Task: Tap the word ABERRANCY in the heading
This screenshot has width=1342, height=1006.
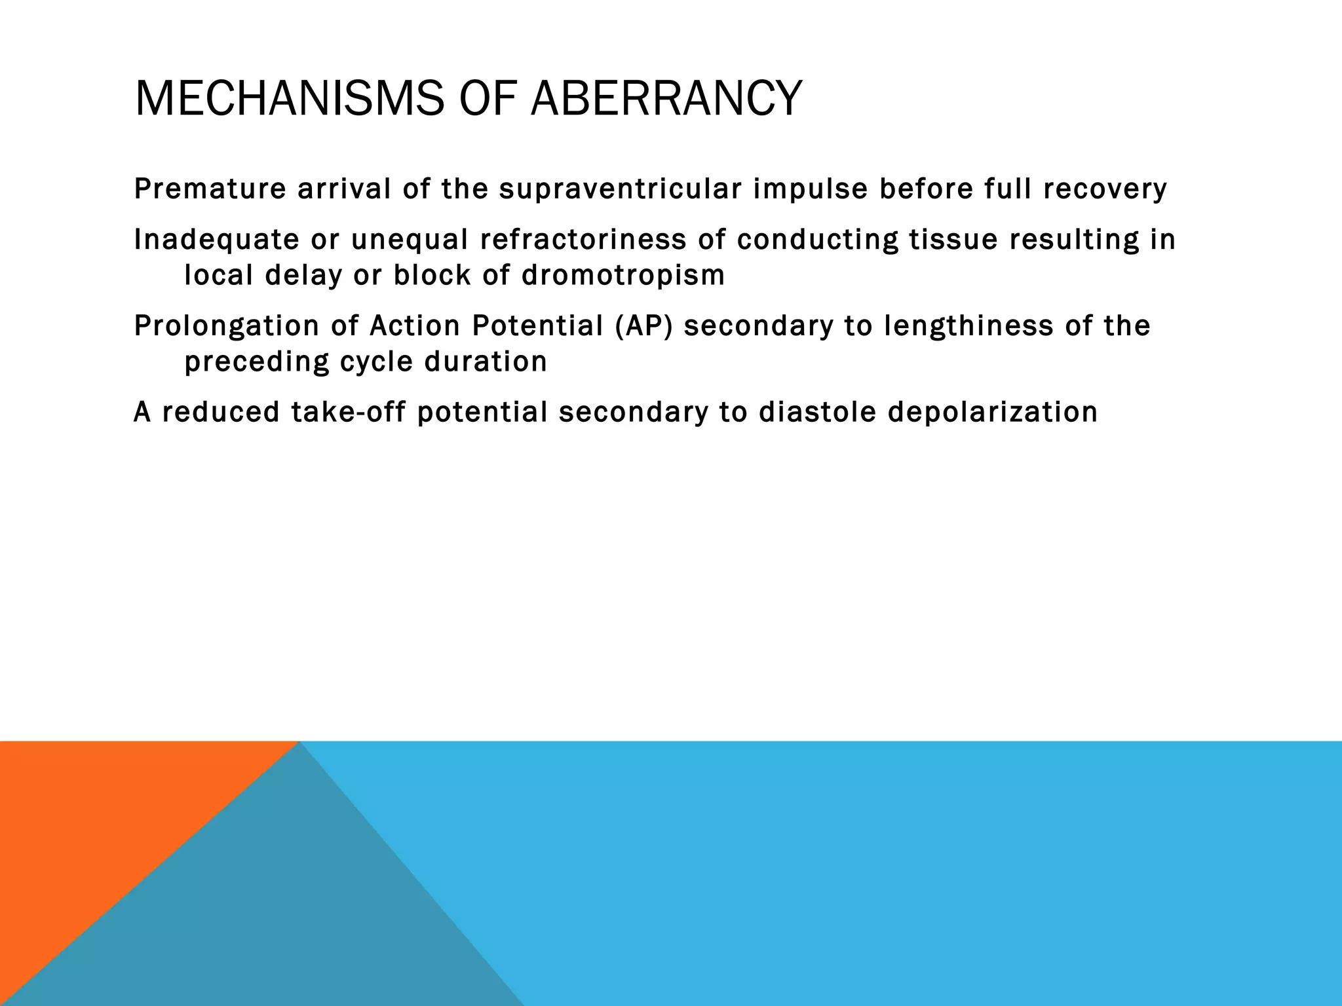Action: tap(666, 98)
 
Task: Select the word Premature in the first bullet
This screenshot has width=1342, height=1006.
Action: tap(210, 189)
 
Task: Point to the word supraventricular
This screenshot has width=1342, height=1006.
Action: tap(620, 189)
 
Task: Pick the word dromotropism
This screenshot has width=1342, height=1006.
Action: tap(623, 275)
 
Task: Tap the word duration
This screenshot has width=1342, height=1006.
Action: tap(486, 362)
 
